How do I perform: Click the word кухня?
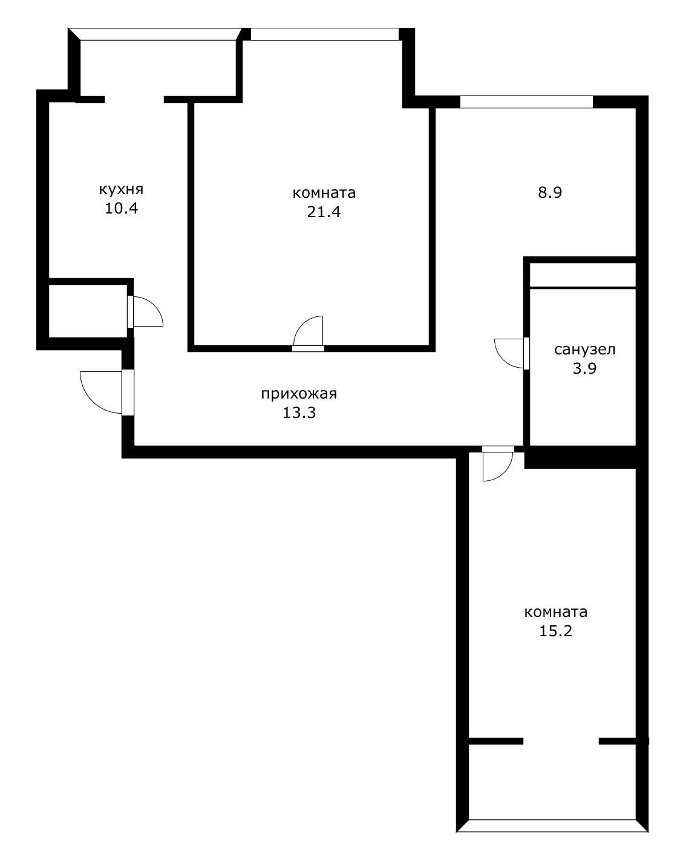coord(121,189)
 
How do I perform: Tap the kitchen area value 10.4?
coord(121,209)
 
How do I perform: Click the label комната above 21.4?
coord(324,193)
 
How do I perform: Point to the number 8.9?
coord(550,193)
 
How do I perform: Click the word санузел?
coord(584,349)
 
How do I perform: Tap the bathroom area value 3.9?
coord(584,368)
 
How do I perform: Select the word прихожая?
coord(299,394)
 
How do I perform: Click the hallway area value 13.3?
coord(299,414)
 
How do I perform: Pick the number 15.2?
coord(555,631)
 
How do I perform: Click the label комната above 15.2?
coord(555,612)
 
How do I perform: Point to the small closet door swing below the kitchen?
coord(147,311)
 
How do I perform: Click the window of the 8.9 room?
coord(526,102)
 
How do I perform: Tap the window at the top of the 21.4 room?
coord(325,34)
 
